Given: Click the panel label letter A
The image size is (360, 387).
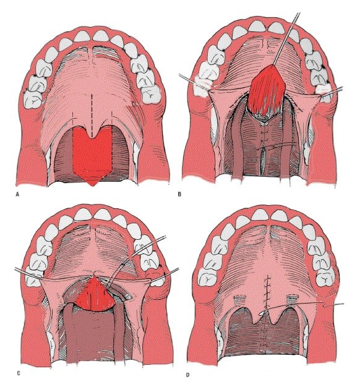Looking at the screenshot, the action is [17, 195].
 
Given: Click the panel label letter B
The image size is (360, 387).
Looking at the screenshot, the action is [179, 194].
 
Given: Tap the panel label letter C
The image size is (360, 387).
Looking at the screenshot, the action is [19, 373].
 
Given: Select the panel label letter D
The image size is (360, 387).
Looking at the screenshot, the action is [187, 375].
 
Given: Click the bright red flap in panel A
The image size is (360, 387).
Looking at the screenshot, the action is [93, 153].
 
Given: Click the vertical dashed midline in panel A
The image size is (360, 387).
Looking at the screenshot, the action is [92, 116].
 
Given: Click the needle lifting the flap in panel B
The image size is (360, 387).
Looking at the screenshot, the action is [286, 38].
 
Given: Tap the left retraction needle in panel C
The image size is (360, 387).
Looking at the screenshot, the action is [28, 274].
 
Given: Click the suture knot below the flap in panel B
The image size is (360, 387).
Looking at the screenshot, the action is [264, 148].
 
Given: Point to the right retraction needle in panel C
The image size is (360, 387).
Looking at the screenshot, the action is [164, 274].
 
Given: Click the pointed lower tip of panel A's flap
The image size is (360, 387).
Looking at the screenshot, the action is [93, 186].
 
